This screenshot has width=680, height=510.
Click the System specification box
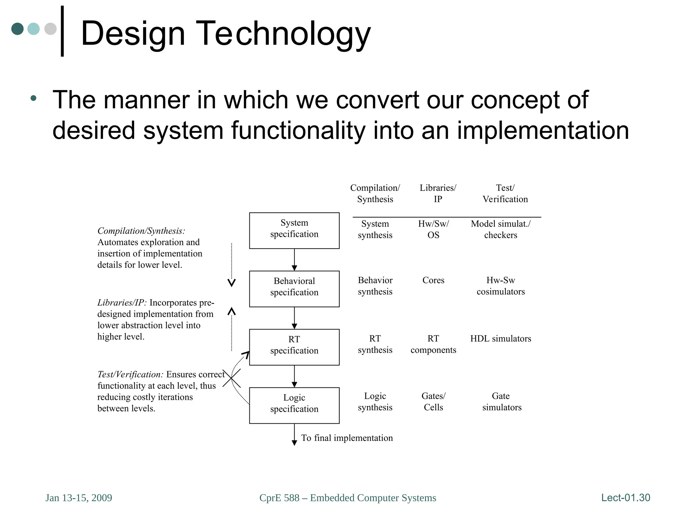click(x=294, y=230)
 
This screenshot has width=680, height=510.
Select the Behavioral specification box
click(x=294, y=289)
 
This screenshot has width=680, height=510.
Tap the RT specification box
click(x=294, y=347)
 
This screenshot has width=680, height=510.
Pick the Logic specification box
click(x=294, y=405)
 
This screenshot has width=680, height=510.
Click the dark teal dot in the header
click(x=17, y=29)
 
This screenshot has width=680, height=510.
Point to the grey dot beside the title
click(x=50, y=29)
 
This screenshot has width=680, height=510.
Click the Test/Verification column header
click(x=505, y=193)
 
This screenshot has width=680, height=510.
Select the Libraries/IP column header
click(x=438, y=193)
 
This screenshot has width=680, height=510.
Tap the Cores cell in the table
click(x=433, y=280)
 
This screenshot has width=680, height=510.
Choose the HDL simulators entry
click(x=500, y=339)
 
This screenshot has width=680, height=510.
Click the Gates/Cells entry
click(x=433, y=401)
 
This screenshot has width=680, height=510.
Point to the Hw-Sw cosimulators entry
click(x=500, y=286)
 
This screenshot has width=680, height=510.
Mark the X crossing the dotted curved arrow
click(x=231, y=379)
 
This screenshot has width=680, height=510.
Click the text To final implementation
click(x=347, y=438)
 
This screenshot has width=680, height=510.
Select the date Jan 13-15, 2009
click(x=79, y=498)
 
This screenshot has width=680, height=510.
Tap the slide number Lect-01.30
click(x=626, y=497)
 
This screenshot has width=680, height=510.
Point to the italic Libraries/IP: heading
click(x=122, y=302)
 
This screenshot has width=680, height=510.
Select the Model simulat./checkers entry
click(x=500, y=229)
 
